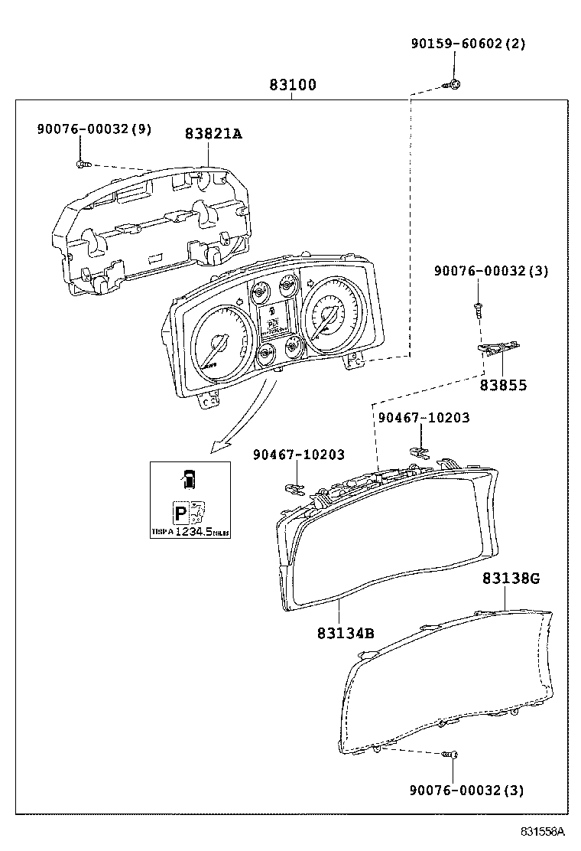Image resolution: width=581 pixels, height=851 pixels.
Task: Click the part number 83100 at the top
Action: (292, 85)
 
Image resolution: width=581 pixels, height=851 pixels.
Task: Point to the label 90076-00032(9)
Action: (94, 129)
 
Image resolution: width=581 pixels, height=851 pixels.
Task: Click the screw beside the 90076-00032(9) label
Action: (83, 163)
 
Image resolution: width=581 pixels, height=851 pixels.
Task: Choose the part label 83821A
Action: (213, 133)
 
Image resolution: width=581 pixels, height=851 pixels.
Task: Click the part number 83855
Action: (503, 386)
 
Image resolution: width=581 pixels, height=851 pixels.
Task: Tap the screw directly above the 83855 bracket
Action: (478, 308)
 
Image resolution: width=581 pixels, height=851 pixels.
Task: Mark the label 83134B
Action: (346, 633)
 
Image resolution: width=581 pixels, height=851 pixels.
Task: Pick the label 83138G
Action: (511, 579)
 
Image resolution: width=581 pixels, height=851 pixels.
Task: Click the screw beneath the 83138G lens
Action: (450, 755)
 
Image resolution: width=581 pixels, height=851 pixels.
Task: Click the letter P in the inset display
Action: (181, 514)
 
